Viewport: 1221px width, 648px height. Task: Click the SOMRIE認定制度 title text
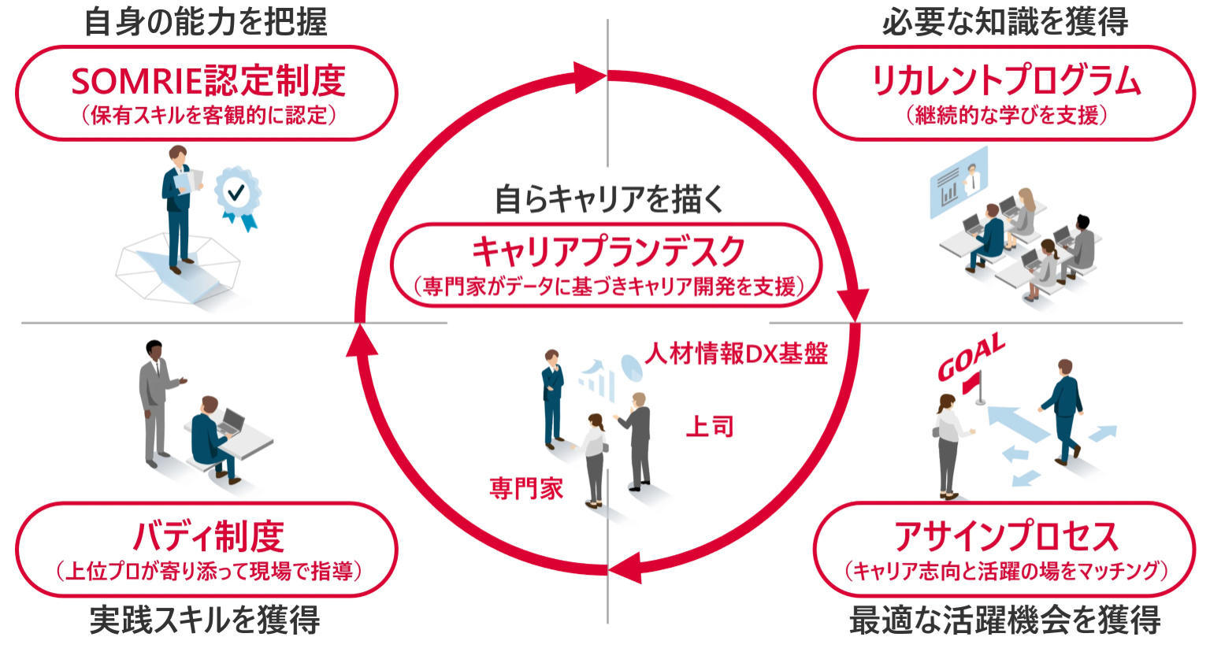pyautogui.click(x=208, y=80)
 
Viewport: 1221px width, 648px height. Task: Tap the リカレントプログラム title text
pyautogui.click(x=1005, y=80)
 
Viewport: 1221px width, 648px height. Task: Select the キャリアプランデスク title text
pyautogui.click(x=607, y=252)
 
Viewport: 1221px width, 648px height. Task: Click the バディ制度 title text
pyautogui.click(x=208, y=537)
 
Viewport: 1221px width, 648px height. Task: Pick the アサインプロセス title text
pyautogui.click(x=1005, y=537)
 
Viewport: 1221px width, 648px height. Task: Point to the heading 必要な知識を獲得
pyautogui.click(x=1004, y=21)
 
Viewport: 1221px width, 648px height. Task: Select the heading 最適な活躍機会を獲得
pyautogui.click(x=1004, y=620)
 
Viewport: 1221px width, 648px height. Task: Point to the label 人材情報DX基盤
pyautogui.click(x=737, y=354)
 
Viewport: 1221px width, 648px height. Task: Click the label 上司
pyautogui.click(x=709, y=427)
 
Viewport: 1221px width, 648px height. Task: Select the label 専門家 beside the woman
pyautogui.click(x=526, y=488)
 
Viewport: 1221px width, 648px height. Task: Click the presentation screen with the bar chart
pyautogui.click(x=955, y=187)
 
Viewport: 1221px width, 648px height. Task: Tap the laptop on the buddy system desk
pyautogui.click(x=232, y=423)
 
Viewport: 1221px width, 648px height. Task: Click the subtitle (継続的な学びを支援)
pyautogui.click(x=1006, y=116)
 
